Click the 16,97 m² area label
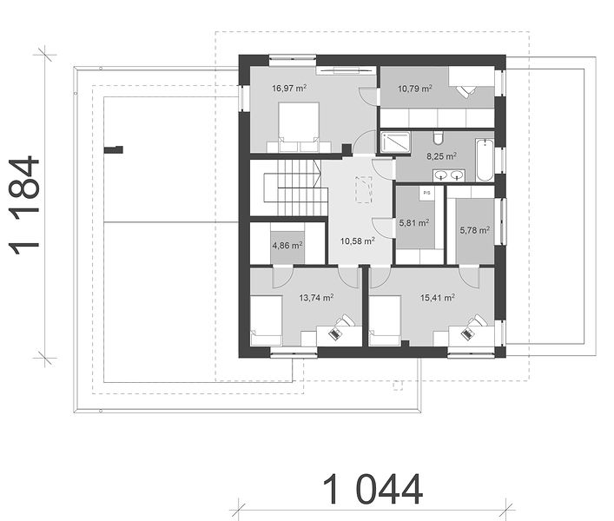pyautogui.click(x=289, y=88)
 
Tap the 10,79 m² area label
pyautogui.click(x=415, y=89)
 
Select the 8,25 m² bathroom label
pyautogui.click(x=441, y=156)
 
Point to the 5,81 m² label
pyautogui.click(x=414, y=223)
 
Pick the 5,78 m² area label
pyautogui.click(x=474, y=230)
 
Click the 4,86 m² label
pyautogui.click(x=287, y=246)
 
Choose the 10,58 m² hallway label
pyautogui.click(x=358, y=241)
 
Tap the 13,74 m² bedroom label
pyautogui.click(x=316, y=298)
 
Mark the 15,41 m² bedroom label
pyautogui.click(x=438, y=298)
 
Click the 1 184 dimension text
pyautogui.click(x=24, y=207)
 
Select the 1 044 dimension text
pyautogui.click(x=373, y=489)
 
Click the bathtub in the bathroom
pyautogui.click(x=485, y=160)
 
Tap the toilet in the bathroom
pyautogui.click(x=439, y=137)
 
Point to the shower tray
pyautogui.click(x=395, y=142)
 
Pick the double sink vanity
pyautogui.click(x=449, y=175)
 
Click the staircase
pyautogui.click(x=295, y=188)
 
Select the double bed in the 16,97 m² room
pyautogui.click(x=299, y=128)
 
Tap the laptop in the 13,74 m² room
pyautogui.click(x=335, y=334)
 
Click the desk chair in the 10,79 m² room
pyautogui.click(x=465, y=92)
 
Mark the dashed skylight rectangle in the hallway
pyautogui.click(x=364, y=190)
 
